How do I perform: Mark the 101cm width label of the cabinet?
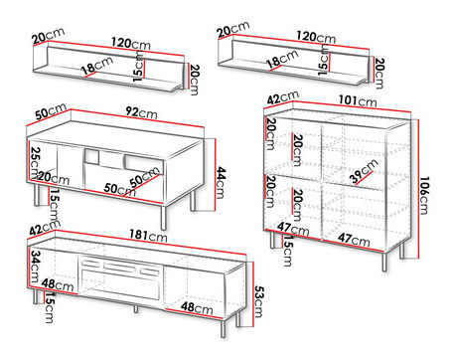(355, 100)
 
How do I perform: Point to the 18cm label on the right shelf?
(279, 62)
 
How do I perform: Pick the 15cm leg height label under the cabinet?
(285, 254)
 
